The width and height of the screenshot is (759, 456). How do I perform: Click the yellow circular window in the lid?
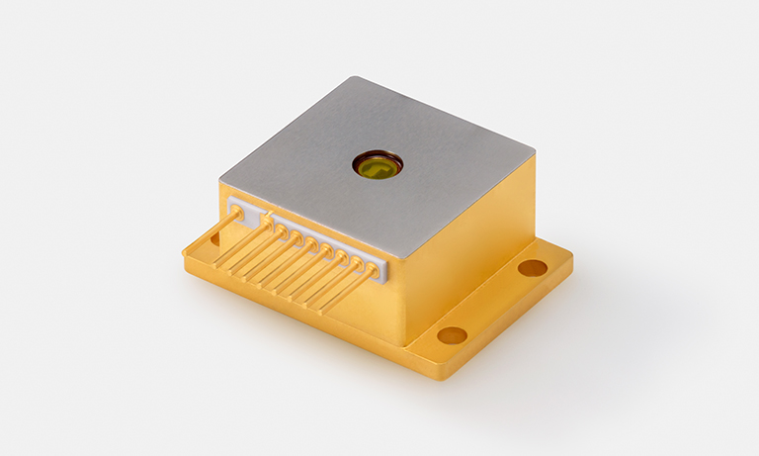(x=378, y=165)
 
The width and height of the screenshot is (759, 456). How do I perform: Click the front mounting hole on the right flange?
(x=452, y=334)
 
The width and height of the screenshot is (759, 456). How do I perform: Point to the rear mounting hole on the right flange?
(x=532, y=267)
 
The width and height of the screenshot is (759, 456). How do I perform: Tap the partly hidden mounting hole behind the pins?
(x=211, y=238)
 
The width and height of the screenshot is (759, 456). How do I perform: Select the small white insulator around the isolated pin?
(x=237, y=210)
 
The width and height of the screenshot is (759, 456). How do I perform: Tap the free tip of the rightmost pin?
(x=321, y=313)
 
